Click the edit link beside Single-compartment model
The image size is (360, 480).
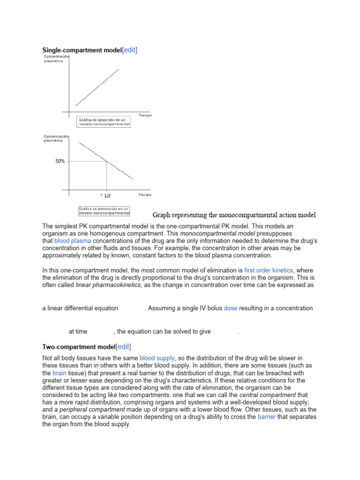pyautogui.click(x=129, y=50)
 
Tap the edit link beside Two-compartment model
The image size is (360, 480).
pyautogui.click(x=123, y=347)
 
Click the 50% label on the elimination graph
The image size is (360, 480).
pyautogui.click(x=60, y=161)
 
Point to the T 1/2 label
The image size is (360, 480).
pyautogui.click(x=105, y=195)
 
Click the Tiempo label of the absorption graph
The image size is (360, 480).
pyautogui.click(x=145, y=115)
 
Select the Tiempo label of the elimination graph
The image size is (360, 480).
pyautogui.click(x=144, y=195)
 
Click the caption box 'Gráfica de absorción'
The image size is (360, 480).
pyautogui.click(x=104, y=122)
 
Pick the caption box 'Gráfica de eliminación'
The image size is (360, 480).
pyautogui.click(x=104, y=210)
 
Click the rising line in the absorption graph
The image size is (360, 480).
pyautogui.click(x=97, y=87)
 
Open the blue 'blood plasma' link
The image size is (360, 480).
pyautogui.click(x=70, y=240)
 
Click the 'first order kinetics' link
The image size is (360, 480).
pyautogui.click(x=268, y=270)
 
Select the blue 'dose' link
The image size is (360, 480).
pyautogui.click(x=230, y=308)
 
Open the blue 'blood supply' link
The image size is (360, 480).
pyautogui.click(x=157, y=358)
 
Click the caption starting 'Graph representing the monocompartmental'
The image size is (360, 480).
pyautogui.click(x=234, y=215)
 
